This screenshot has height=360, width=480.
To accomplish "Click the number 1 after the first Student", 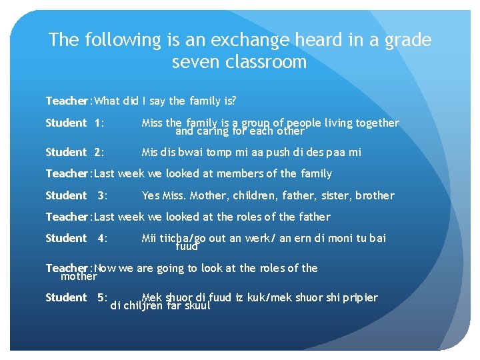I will pos(99,123).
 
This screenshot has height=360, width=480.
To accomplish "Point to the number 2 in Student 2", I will pos(99,152).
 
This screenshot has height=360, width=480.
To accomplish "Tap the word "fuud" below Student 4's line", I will pos(187,247).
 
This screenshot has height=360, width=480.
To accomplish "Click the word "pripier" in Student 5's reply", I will pos(361,297).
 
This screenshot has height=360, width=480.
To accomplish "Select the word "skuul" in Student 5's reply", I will pos(197,306).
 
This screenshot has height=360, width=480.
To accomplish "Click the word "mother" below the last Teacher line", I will pos(79,276).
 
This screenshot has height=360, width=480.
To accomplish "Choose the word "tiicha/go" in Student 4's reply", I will pos(179,238).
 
